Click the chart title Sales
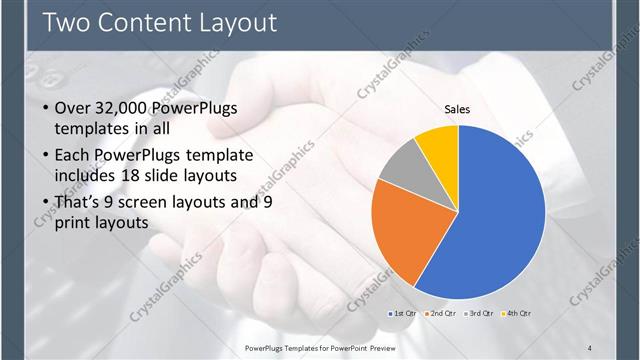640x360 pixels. point(457,109)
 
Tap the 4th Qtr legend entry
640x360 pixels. point(518,314)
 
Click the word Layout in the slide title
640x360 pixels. point(229,22)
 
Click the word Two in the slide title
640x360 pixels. point(69,22)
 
